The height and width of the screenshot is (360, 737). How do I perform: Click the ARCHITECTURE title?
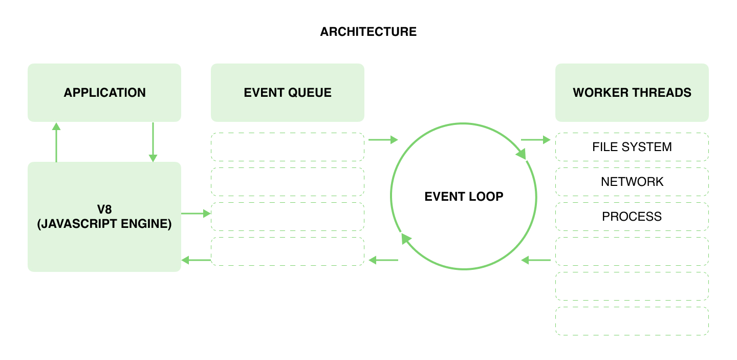[368, 32]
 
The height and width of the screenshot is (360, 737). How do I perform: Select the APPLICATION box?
[104, 93]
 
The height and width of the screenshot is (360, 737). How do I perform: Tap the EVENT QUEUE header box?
[287, 93]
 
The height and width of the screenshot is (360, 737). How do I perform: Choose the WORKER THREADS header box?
[632, 93]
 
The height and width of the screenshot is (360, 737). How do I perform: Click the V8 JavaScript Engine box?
[104, 217]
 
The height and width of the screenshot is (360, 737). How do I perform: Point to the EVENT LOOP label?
[464, 196]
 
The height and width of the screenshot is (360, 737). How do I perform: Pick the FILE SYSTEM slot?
[632, 147]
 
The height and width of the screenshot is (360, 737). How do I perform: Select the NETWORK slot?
[632, 182]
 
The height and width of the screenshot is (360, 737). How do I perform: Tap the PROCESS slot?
[632, 217]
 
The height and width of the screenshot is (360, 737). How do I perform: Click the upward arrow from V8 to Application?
[56, 142]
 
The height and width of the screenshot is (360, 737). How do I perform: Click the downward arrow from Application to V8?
[153, 142]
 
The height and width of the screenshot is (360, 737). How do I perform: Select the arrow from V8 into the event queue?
[196, 214]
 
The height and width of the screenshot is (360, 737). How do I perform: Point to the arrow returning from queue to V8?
[196, 260]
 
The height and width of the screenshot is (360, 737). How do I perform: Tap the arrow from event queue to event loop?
[383, 139]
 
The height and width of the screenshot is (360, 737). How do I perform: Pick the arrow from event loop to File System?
[535, 139]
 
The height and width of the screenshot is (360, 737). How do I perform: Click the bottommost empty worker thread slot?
[632, 321]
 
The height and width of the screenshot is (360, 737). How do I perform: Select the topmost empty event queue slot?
[287, 147]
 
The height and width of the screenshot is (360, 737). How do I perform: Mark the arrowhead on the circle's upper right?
[522, 154]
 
